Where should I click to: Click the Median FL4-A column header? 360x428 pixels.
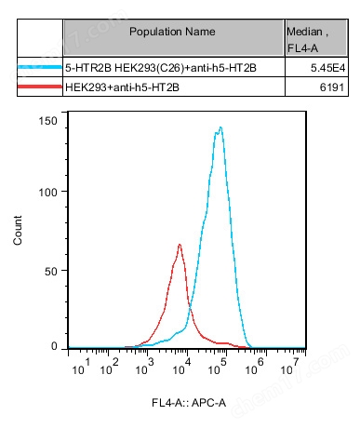point(307,38)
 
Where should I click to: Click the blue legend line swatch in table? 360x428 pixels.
point(40,69)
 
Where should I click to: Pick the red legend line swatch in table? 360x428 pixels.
point(40,87)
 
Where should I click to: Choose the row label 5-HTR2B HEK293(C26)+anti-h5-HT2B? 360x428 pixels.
point(147,69)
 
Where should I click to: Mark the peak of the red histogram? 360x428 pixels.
point(180,245)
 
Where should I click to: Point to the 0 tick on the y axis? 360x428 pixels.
point(55,346)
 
